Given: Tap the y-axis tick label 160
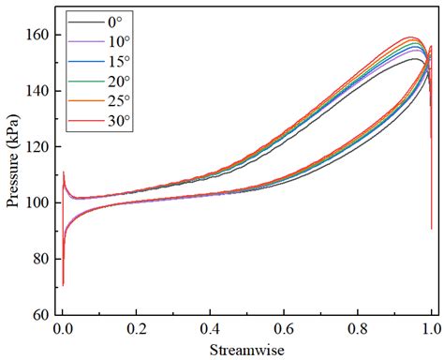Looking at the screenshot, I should pos(38,36).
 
